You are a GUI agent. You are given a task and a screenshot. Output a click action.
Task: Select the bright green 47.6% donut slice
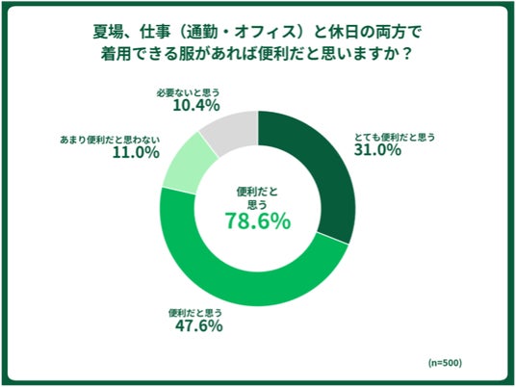tap(237, 283)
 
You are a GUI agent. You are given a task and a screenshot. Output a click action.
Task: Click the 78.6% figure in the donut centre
tap(258, 220)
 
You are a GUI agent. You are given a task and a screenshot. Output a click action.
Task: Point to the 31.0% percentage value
tap(377, 150)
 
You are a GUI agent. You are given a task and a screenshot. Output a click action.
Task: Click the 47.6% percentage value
tap(198, 326)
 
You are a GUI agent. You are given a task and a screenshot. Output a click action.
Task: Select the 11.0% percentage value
tap(136, 152)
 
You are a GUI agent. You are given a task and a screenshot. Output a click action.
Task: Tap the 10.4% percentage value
tap(196, 105)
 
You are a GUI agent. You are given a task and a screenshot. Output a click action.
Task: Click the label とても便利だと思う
tap(395, 137)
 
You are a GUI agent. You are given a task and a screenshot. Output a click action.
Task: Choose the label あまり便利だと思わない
tap(110, 140)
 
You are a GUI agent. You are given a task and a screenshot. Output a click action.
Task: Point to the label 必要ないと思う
tap(188, 93)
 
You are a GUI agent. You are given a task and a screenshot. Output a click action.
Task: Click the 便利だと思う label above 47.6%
tap(195, 313)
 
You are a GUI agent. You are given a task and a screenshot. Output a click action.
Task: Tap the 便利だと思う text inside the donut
tap(257, 198)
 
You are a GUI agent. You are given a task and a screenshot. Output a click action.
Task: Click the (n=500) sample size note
tap(445, 363)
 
